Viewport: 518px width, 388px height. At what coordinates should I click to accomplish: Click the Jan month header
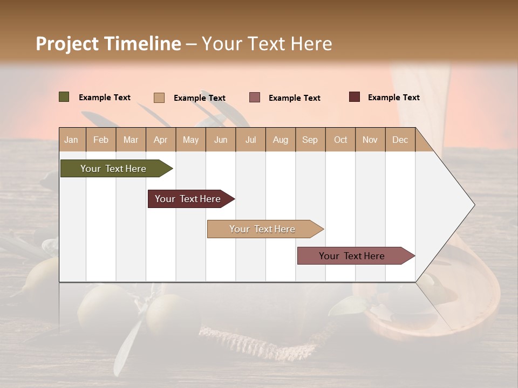[x=71, y=140]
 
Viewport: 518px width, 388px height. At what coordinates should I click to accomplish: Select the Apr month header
[x=160, y=140]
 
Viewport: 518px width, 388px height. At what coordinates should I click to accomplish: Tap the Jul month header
[x=250, y=140]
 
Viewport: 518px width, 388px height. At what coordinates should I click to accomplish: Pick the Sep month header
[x=310, y=140]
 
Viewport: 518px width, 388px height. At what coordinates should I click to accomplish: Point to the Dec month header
[x=400, y=140]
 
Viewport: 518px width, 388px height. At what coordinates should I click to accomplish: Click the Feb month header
[x=101, y=140]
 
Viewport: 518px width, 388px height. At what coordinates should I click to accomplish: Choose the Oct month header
[x=340, y=140]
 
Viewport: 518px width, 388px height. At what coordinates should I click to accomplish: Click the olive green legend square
[x=64, y=97]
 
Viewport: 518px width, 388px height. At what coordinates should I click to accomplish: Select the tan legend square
[x=159, y=98]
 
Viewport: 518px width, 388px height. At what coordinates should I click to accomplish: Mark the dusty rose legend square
[x=255, y=98]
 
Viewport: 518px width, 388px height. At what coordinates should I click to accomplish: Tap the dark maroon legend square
[x=355, y=97]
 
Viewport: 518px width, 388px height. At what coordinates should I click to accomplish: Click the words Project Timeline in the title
[x=108, y=44]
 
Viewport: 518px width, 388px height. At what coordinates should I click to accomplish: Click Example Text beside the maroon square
[x=393, y=98]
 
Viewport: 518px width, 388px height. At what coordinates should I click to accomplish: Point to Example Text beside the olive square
[x=105, y=98]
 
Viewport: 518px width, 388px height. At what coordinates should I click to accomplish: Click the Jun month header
[x=221, y=140]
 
